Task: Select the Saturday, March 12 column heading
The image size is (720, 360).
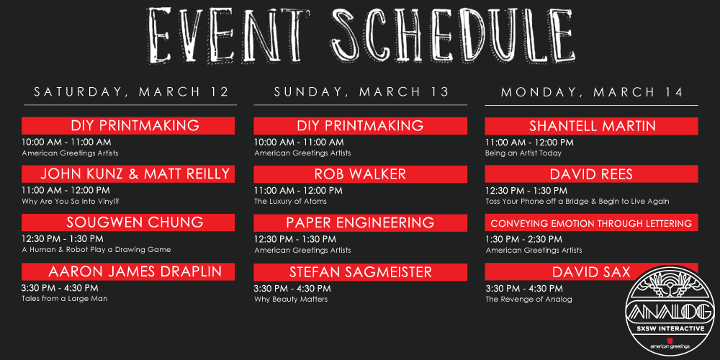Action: [131, 92]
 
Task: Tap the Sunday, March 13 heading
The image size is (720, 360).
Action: [361, 92]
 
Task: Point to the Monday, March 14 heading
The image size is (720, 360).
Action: [592, 92]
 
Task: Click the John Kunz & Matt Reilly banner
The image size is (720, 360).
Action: [128, 174]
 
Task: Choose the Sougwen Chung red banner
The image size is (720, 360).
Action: [128, 222]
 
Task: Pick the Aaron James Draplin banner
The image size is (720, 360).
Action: [128, 272]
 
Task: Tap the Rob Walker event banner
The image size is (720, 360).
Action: [361, 174]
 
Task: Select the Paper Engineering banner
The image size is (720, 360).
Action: [361, 222]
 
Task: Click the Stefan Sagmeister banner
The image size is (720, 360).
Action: [361, 272]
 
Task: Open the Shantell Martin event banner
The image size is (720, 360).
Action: [591, 126]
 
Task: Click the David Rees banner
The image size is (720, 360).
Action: [591, 174]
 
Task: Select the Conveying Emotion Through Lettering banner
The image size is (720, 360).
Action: [591, 224]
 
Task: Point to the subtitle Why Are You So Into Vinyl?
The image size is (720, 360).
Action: [73, 201]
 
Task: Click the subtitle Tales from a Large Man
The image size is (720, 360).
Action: [65, 299]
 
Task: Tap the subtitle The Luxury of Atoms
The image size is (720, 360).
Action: [291, 201]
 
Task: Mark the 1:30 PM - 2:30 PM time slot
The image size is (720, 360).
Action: [524, 239]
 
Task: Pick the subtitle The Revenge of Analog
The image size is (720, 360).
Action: [529, 300]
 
